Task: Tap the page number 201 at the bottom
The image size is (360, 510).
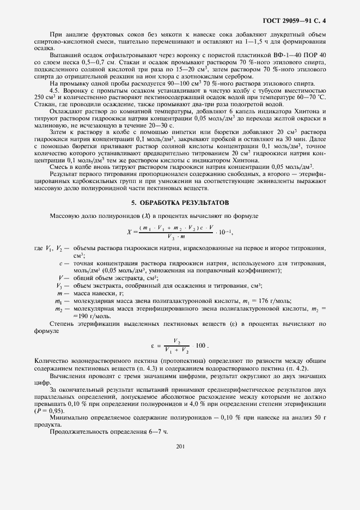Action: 180,446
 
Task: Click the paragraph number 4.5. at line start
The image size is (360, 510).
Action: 56,90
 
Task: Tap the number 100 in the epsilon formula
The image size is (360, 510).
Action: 200,345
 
